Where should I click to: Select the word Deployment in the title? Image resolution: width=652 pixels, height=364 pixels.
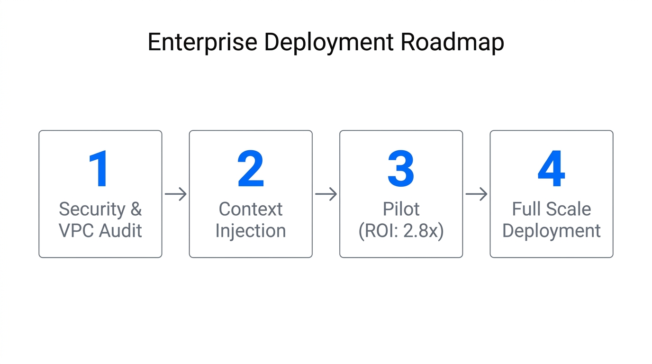[329, 43]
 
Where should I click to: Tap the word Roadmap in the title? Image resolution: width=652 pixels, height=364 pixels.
[453, 43]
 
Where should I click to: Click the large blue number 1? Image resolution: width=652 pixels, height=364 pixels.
[100, 169]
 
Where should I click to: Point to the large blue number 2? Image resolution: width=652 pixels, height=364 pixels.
[251, 169]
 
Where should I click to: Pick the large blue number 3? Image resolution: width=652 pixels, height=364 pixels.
[401, 169]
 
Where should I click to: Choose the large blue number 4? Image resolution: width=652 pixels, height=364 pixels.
[551, 169]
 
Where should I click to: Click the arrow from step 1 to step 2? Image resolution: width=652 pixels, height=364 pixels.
[175, 194]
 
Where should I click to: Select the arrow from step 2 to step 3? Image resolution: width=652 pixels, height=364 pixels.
[326, 194]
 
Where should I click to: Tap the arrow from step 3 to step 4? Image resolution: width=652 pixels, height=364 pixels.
[476, 194]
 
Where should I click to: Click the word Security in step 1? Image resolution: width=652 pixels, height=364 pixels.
[92, 209]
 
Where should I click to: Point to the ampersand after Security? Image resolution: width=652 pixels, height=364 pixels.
[136, 209]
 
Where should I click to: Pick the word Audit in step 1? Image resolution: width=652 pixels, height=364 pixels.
[121, 231]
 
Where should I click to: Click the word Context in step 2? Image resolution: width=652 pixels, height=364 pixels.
[251, 209]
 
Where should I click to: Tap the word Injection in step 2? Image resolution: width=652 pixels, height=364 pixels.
[251, 231]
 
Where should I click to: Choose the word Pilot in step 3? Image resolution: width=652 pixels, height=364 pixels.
[401, 209]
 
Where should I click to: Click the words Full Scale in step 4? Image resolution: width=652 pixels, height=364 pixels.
[551, 209]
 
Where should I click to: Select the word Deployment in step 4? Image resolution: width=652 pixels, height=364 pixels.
[551, 231]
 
